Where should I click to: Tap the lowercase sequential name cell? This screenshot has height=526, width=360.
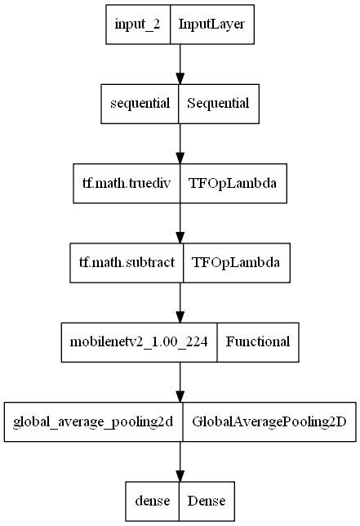point(140,104)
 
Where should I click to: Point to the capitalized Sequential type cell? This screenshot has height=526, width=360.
point(219,104)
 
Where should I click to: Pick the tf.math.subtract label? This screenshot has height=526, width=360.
point(127,262)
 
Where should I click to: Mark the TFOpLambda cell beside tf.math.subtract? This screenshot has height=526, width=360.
point(237,262)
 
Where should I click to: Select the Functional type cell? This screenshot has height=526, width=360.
point(258,341)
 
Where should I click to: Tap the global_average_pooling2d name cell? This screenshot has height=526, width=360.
point(93,421)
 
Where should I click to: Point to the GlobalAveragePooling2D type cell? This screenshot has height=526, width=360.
point(269,421)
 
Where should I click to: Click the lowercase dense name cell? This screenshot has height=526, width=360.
point(153,500)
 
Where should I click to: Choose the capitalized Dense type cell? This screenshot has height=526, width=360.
point(207,500)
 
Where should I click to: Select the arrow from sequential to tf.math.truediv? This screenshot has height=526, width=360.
point(180,143)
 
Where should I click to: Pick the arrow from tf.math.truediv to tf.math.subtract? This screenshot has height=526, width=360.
point(180,222)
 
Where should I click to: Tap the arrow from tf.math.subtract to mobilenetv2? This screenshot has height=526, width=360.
point(180,302)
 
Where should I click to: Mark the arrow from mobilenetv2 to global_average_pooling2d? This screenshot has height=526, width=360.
point(180,381)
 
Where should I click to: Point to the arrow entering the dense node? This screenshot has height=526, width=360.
point(180,461)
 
